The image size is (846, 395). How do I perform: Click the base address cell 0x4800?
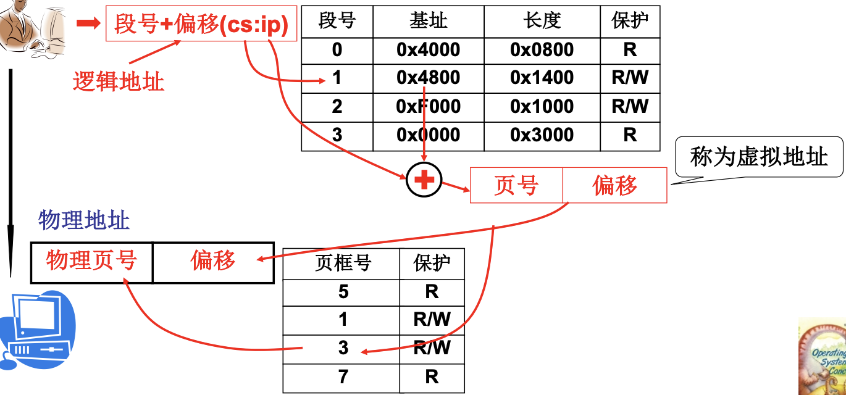[428, 78]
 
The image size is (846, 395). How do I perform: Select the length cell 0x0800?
[542, 50]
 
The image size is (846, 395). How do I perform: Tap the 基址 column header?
[428, 22]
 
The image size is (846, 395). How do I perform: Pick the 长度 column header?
[542, 22]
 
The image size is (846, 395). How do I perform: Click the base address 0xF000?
[428, 107]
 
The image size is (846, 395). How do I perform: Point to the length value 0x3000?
[542, 135]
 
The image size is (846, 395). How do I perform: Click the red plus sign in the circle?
[424, 180]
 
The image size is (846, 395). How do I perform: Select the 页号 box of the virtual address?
[516, 185]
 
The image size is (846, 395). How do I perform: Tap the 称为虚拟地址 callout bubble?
[759, 157]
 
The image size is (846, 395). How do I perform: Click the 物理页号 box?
[91, 262]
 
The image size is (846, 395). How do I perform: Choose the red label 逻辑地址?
[119, 81]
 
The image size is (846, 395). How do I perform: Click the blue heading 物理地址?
[84, 220]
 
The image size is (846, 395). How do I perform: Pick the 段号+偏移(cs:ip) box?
[201, 24]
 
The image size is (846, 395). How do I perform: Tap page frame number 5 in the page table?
[343, 291]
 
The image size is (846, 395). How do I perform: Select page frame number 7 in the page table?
[343, 376]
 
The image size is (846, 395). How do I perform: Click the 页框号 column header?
[343, 264]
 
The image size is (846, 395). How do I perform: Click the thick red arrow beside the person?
[88, 23]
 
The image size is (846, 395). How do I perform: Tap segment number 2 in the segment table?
[337, 107]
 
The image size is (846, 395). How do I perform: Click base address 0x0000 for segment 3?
[428, 135]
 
